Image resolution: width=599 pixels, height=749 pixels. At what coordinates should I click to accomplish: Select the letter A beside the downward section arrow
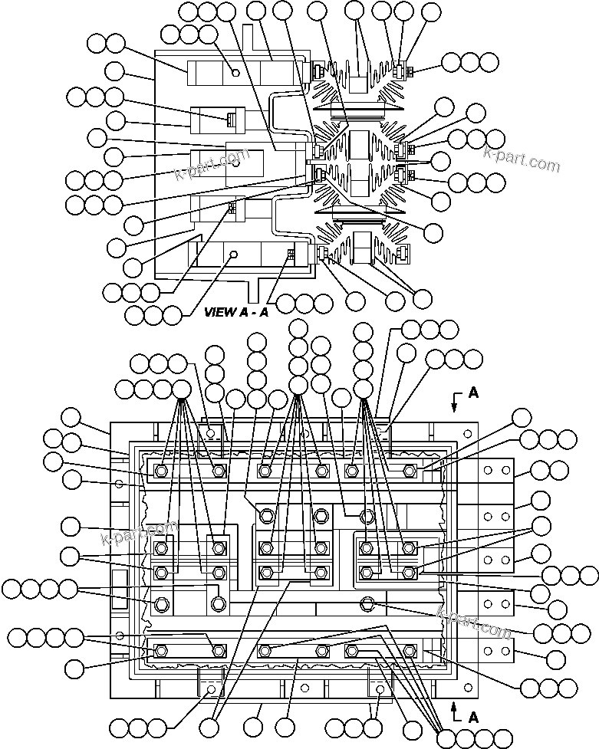[473, 392]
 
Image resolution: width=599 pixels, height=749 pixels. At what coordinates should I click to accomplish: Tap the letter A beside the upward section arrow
[474, 718]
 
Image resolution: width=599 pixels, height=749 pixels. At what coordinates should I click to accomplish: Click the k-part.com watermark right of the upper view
[522, 159]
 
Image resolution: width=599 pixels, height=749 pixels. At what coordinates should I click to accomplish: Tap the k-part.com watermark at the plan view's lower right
[474, 622]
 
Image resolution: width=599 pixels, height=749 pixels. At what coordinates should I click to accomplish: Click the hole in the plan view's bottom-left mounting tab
[211, 689]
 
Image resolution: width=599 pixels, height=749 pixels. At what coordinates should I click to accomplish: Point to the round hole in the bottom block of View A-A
[235, 254]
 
